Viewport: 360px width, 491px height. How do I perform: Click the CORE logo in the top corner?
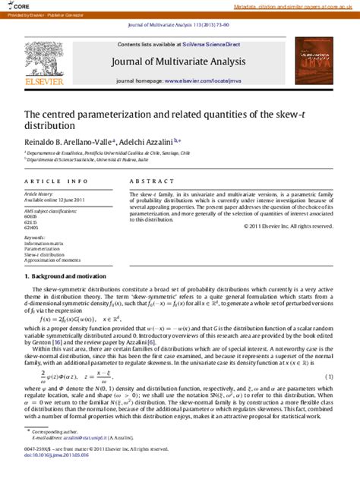point(16,5)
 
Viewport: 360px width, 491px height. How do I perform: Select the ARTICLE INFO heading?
point(56,182)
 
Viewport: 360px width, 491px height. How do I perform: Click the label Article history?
point(39,194)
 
